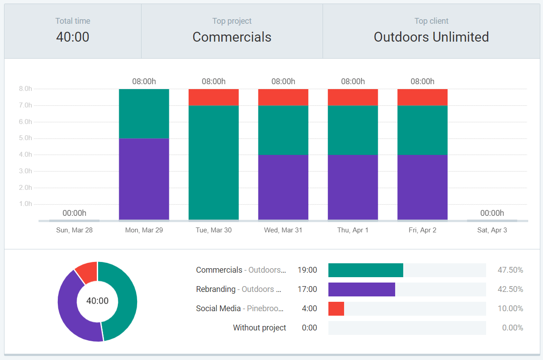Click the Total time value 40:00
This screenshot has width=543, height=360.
[x=73, y=37]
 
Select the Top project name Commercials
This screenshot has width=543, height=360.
[x=232, y=37]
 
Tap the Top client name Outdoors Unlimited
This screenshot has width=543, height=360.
[x=431, y=37]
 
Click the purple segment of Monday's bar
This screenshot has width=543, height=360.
[x=144, y=179]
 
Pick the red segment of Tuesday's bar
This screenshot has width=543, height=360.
[x=214, y=97]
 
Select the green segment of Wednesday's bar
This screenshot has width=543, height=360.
[x=283, y=130]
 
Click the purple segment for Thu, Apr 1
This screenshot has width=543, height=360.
[x=353, y=187]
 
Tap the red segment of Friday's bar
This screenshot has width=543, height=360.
[x=422, y=97]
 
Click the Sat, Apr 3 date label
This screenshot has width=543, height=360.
[x=492, y=230]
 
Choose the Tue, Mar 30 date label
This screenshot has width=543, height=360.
[x=214, y=230]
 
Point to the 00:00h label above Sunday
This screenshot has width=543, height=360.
[x=74, y=213]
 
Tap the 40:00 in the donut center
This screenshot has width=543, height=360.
[x=97, y=301]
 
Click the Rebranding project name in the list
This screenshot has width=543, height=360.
[x=215, y=289]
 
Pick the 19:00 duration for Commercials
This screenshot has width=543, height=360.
[x=307, y=270]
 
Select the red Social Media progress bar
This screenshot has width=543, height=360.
[x=336, y=309]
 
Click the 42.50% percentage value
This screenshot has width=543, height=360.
[x=510, y=289]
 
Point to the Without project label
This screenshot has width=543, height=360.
[x=259, y=328]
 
